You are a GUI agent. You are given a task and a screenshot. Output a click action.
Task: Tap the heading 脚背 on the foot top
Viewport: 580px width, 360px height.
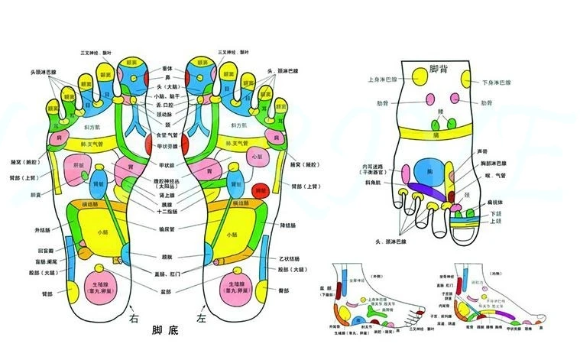[439, 70]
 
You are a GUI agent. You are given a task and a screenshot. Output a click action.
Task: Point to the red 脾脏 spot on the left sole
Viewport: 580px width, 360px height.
[261, 191]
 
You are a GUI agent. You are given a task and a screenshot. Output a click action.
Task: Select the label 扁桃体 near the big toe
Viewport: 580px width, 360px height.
[501, 203]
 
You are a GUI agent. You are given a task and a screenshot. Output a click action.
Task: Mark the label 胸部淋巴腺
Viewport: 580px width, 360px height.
[500, 163]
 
